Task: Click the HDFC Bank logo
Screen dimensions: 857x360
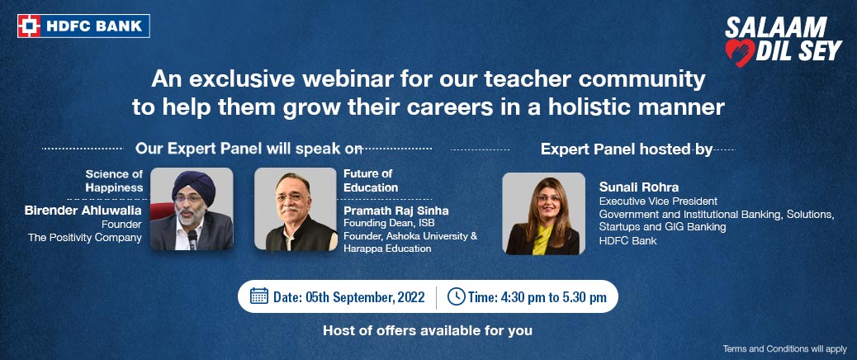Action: [x=83, y=26]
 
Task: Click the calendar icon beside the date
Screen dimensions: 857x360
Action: [x=259, y=296]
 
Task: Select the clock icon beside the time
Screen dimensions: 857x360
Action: [x=457, y=296]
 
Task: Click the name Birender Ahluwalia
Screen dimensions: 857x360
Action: [x=83, y=211]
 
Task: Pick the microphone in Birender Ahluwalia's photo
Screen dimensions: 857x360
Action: [x=192, y=238]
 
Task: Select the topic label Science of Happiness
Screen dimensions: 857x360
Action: [x=114, y=181]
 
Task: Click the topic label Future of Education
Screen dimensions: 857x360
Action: [x=371, y=181]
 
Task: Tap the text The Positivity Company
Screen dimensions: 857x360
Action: [x=85, y=238]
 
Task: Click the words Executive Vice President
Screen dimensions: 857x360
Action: [x=658, y=201]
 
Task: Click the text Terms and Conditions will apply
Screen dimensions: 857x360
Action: [x=785, y=348]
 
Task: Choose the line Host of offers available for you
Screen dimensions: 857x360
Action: [x=428, y=330]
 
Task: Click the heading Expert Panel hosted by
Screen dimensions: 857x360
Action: [x=627, y=149]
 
